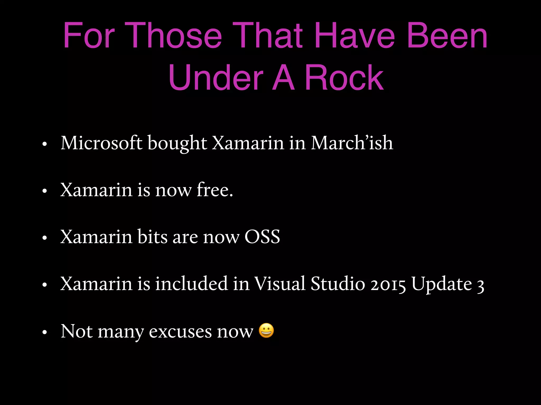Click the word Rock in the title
click(x=344, y=78)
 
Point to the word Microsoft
click(x=102, y=143)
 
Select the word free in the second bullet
click(x=214, y=190)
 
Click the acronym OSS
click(x=262, y=237)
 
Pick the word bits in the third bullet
click(x=152, y=237)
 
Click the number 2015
click(x=388, y=284)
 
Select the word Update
click(x=442, y=284)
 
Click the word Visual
click(x=280, y=284)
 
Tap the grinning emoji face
click(x=266, y=330)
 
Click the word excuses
click(x=180, y=331)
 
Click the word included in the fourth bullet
click(x=192, y=284)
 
